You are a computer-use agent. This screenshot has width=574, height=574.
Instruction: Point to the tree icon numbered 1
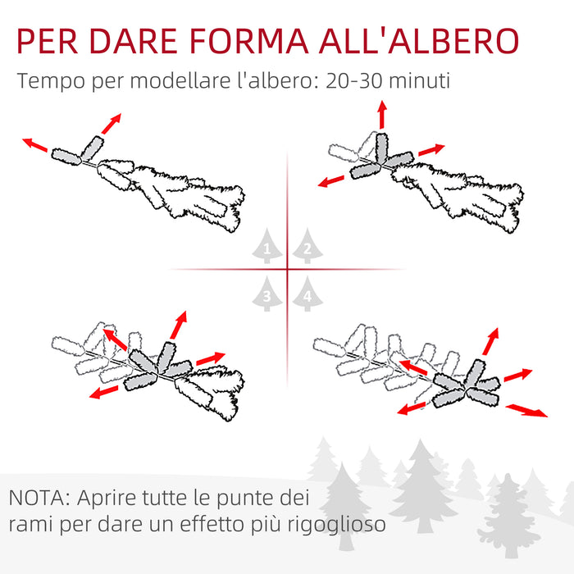(x=266, y=247)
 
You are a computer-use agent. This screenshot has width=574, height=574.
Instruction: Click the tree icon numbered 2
(x=307, y=247)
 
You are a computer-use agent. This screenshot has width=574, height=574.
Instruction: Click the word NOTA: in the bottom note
(x=40, y=498)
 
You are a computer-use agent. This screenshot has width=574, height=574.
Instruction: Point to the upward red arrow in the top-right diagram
(x=382, y=116)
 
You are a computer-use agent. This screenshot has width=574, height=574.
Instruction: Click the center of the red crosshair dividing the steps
(x=287, y=269)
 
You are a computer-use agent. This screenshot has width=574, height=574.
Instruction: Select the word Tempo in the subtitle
(x=46, y=82)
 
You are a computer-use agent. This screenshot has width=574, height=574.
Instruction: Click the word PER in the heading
(x=50, y=40)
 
